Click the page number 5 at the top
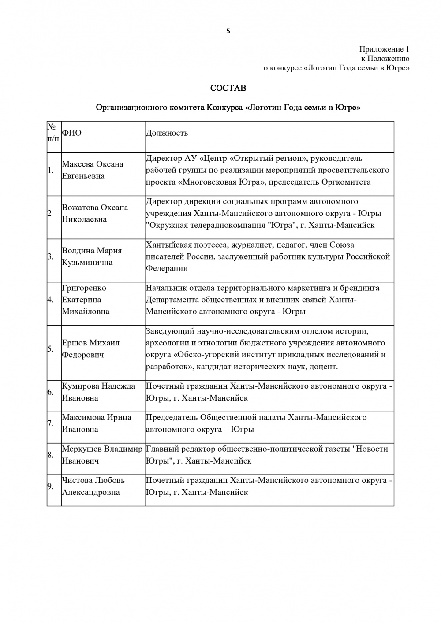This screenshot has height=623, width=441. pyautogui.click(x=228, y=31)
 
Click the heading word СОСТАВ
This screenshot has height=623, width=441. pyautogui.click(x=228, y=88)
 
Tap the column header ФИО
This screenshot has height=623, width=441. pyautogui.click(x=71, y=133)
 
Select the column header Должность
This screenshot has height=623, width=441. pyautogui.click(x=167, y=133)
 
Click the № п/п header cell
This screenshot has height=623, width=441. pyautogui.click(x=54, y=133)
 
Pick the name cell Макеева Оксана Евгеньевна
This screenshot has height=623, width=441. pyautogui.click(x=93, y=170)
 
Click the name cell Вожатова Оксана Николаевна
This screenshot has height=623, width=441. pyautogui.click(x=95, y=213)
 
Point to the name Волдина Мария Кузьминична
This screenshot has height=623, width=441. pyautogui.click(x=92, y=256)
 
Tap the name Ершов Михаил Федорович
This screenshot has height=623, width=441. pyautogui.click(x=90, y=349)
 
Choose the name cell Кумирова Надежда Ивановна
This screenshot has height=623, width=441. pyautogui.click(x=98, y=392)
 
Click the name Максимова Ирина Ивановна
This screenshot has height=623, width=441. pyautogui.click(x=96, y=423)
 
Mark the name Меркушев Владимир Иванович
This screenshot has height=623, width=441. pyautogui.click(x=102, y=455)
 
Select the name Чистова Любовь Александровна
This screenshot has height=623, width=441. pyautogui.click(x=93, y=486)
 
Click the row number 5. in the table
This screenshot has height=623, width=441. pyautogui.click(x=51, y=349)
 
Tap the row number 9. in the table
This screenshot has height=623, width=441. pyautogui.click(x=51, y=486)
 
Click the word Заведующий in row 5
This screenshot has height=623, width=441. pyautogui.click(x=169, y=331)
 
